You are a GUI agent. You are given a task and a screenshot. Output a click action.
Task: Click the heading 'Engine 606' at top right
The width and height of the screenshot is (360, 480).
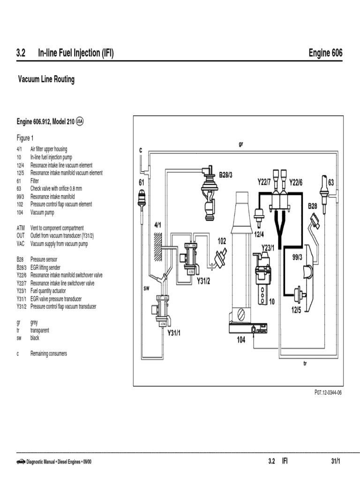(x=325, y=53)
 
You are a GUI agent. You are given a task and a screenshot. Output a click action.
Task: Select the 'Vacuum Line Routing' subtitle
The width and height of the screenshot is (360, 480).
(x=46, y=79)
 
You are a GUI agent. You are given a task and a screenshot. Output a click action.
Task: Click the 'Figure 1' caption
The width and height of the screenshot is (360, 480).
(x=25, y=138)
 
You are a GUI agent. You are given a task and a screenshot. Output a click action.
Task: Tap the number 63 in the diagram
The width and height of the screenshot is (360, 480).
(x=331, y=182)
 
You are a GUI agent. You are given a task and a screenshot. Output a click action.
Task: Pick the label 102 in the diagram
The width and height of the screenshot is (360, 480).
(x=222, y=241)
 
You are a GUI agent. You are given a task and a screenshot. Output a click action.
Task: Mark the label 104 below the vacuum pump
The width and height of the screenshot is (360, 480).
(x=240, y=340)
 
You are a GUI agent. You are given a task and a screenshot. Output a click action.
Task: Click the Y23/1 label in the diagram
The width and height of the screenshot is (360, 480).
(x=268, y=247)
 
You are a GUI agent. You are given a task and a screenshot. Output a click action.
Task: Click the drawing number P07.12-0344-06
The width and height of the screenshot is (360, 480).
(x=328, y=393)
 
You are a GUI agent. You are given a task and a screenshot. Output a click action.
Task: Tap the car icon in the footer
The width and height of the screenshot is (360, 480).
(x=21, y=461)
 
